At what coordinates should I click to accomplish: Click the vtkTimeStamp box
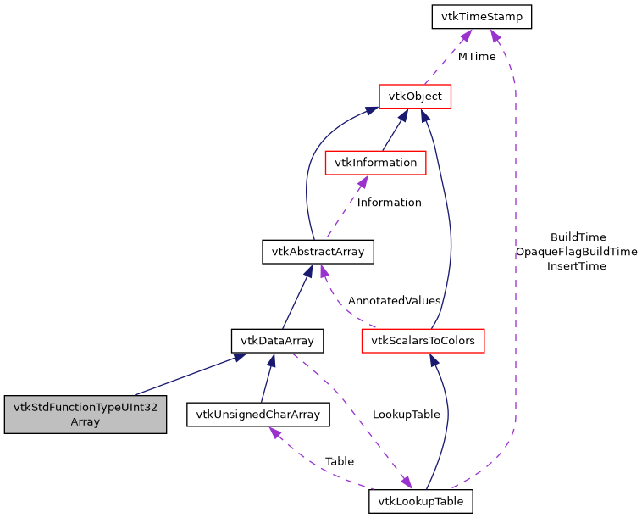pos(481,16)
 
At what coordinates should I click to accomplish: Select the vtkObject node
pos(415,96)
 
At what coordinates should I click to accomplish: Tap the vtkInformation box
pos(375,162)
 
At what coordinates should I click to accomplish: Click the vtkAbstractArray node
pos(318,251)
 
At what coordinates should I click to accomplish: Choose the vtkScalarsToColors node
pos(423,341)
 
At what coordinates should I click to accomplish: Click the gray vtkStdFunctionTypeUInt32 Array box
pos(85,414)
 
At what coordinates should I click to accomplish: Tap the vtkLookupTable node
pos(420,501)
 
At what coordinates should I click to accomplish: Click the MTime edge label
pos(477,57)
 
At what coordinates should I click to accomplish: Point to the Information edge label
pos(389,203)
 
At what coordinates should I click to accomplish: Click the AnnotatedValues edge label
pos(394,301)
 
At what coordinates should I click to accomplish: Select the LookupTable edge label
pos(406,415)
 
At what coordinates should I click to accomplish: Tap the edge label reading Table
pos(340,461)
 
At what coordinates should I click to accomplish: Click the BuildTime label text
pos(578,237)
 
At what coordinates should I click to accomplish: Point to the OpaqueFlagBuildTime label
pos(576,252)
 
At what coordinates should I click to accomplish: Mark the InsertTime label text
pos(576,266)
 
